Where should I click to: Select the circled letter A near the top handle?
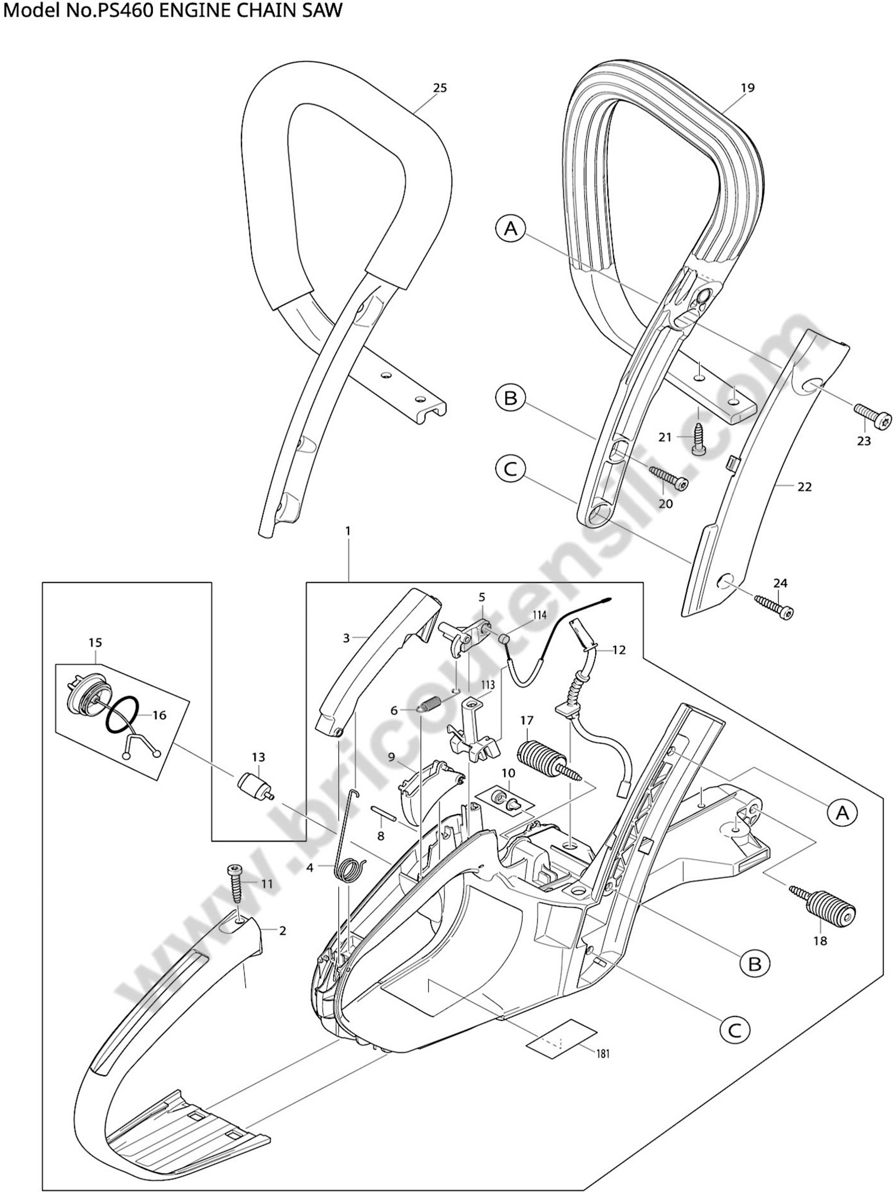[510, 229]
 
